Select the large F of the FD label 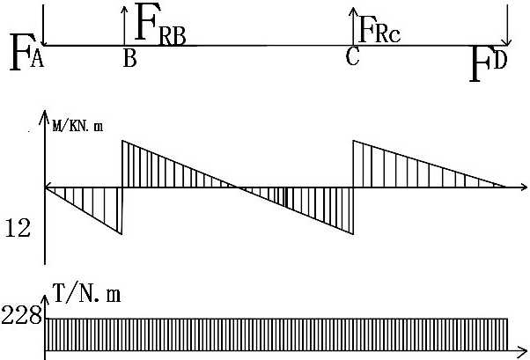pyautogui.click(x=481, y=64)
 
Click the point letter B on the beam pyautogui.click(x=129, y=59)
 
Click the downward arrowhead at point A pyautogui.click(x=43, y=41)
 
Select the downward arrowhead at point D pyautogui.click(x=507, y=41)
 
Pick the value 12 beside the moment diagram pyautogui.click(x=18, y=229)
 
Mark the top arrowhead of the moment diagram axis pyautogui.click(x=44, y=114)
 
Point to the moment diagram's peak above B pyautogui.click(x=122, y=141)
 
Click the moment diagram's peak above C pyautogui.click(x=353, y=141)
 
